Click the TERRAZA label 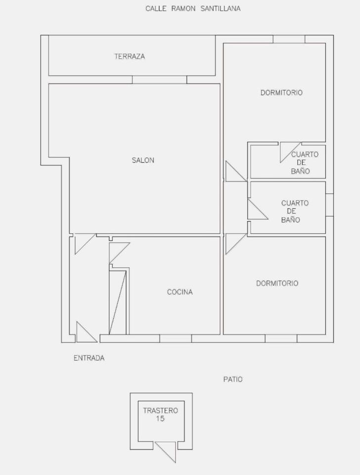point(130,56)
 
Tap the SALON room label point(143,160)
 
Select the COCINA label point(180,292)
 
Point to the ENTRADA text point(89,358)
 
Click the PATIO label point(233,380)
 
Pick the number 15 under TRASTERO point(160,419)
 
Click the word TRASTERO point(161,411)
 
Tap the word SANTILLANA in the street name point(221,8)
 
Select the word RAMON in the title point(183,8)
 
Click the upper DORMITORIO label point(281,93)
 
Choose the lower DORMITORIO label point(277,284)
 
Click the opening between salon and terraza point(160,80)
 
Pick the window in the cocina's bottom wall point(176,338)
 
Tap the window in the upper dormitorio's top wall point(289,39)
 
